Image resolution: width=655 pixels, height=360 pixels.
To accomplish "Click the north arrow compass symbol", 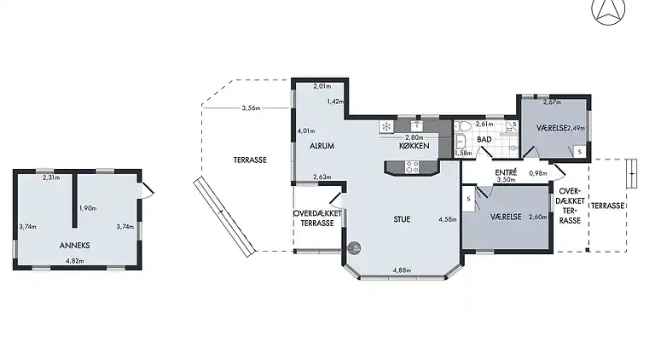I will click(x=608, y=11).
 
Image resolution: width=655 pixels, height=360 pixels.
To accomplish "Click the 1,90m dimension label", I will click(x=87, y=208).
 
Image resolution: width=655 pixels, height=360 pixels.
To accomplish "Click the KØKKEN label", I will click(x=414, y=146).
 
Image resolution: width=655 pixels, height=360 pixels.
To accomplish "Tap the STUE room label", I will click(x=402, y=219).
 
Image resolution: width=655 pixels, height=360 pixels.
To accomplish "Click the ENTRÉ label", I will click(x=507, y=172).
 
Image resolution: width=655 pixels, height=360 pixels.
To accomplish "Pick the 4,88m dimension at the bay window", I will click(x=403, y=270).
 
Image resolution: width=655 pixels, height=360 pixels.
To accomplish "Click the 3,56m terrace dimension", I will click(x=251, y=108).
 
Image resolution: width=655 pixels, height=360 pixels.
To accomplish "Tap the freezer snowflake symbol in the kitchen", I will click(x=386, y=127).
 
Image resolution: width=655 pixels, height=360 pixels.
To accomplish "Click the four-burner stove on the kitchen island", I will click(x=411, y=167).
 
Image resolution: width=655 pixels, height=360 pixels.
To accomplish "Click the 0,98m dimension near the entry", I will click(x=537, y=173).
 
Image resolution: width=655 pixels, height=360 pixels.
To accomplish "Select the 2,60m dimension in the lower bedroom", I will click(x=537, y=217).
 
